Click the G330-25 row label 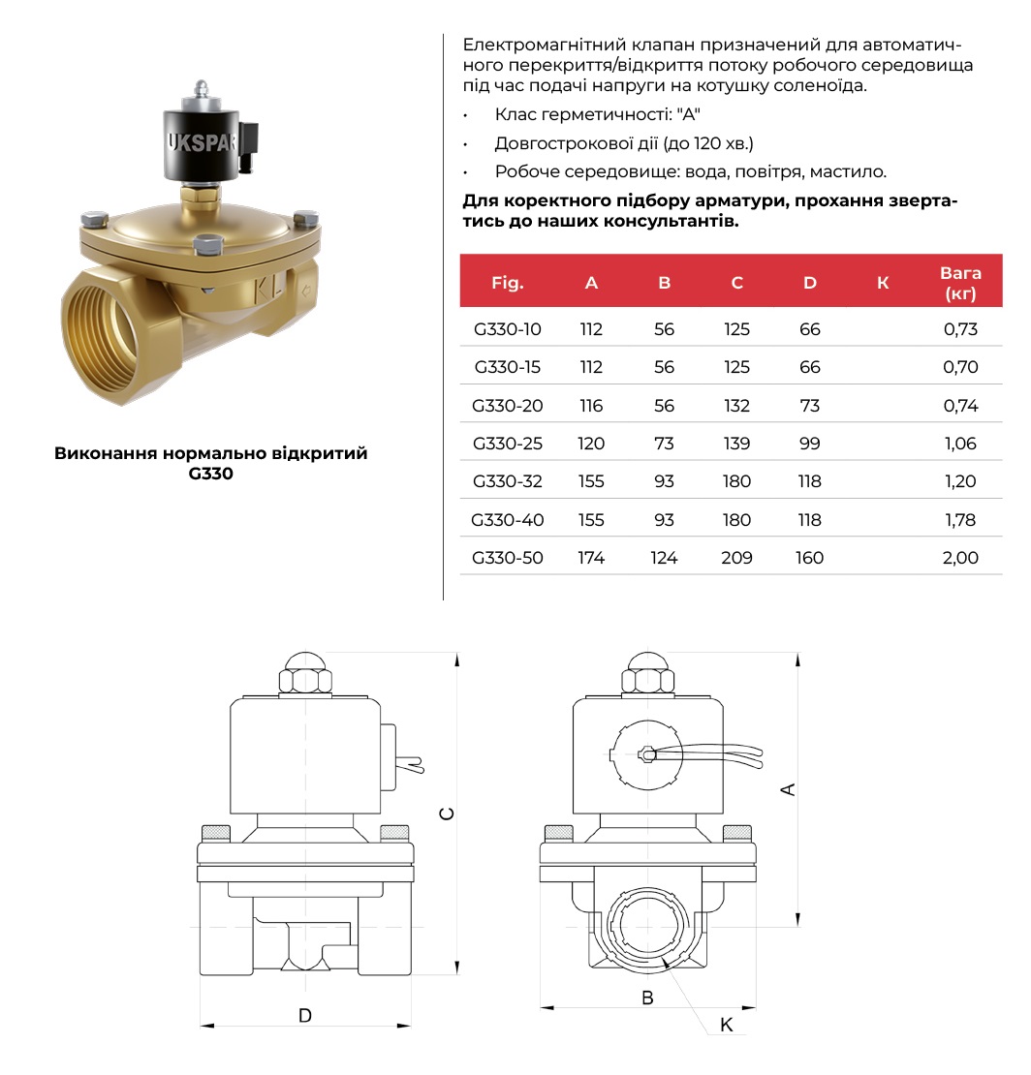508,444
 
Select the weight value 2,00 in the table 960,558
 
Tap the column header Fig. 508,283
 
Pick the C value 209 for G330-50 736,558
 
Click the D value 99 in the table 809,444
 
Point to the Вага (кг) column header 960,283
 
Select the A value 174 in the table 591,558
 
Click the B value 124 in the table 664,558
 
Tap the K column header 883,283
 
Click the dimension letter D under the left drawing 305,1015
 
